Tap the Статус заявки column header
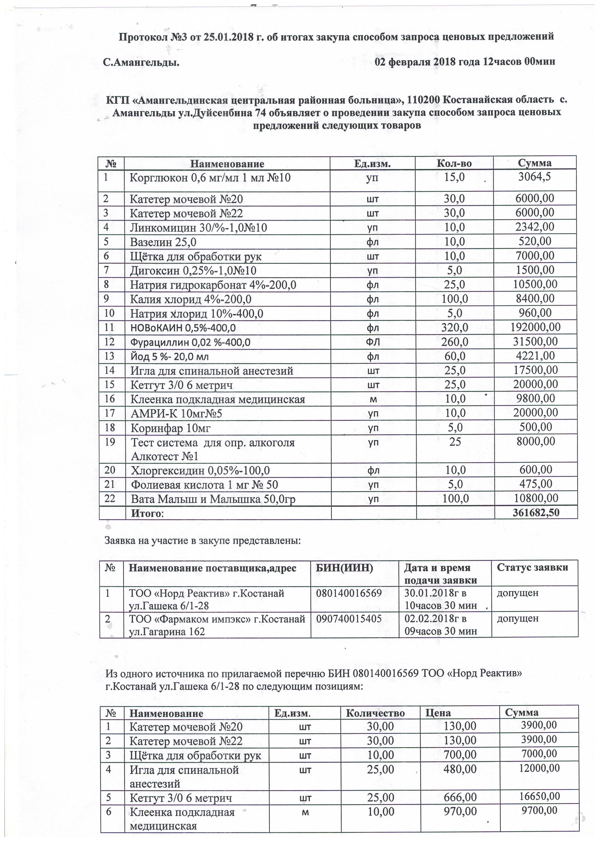(532, 568)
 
